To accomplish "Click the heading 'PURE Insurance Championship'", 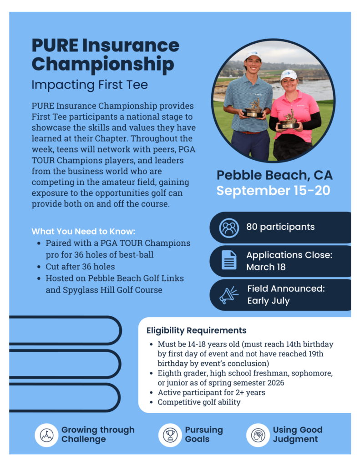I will tap(105, 55).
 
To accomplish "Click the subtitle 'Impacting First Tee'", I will tap(90, 85).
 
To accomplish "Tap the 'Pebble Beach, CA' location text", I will tap(274, 175).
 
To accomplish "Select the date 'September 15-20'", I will tap(273, 190).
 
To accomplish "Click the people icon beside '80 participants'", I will tap(228, 228).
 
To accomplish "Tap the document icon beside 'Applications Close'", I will tap(228, 261).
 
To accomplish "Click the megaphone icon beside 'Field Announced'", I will tap(228, 295).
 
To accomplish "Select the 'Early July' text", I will tap(269, 301).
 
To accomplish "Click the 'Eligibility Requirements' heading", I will tap(196, 330).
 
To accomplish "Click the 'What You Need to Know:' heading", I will tap(77, 231).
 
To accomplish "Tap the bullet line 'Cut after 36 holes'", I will tap(80, 266).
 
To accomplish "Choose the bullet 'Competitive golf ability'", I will tap(199, 402).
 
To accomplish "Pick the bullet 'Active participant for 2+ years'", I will tap(211, 392).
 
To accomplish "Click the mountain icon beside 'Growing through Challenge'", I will tap(46, 435).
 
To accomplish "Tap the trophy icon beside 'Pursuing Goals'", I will tap(170, 435).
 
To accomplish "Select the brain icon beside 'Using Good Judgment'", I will tap(258, 435).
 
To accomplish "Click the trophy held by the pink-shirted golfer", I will tap(289, 120).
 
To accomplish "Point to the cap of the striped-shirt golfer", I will tap(253, 55).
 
